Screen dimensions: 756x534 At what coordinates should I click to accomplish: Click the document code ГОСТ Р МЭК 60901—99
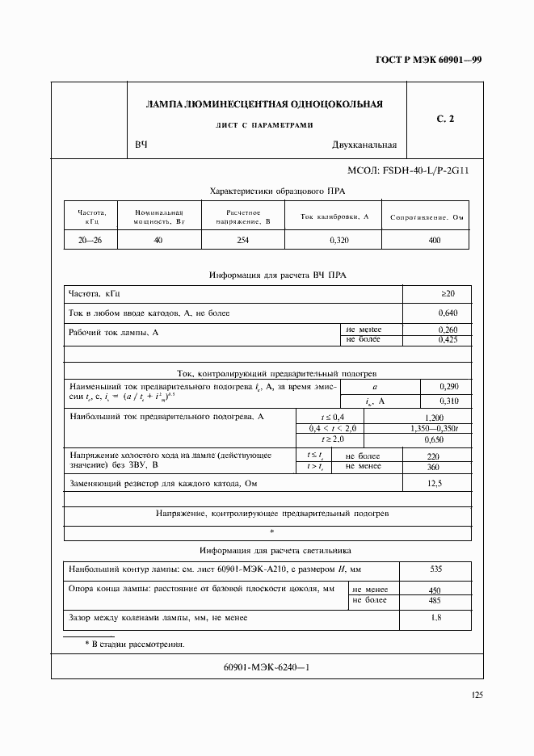tap(435, 61)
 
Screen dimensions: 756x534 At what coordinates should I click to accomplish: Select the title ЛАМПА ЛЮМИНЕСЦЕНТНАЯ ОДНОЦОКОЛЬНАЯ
tap(264, 104)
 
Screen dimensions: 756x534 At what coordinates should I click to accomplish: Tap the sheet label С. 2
tap(445, 119)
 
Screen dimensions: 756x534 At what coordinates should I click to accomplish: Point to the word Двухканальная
tap(364, 145)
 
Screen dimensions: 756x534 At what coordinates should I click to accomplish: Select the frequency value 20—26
tap(90, 240)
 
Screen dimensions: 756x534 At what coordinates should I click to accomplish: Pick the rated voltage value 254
tap(242, 240)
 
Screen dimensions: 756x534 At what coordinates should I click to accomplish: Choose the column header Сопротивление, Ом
tap(426, 218)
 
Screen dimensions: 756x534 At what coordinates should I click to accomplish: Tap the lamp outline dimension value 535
tap(435, 569)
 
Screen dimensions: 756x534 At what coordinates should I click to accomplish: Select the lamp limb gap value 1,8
tap(435, 618)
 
